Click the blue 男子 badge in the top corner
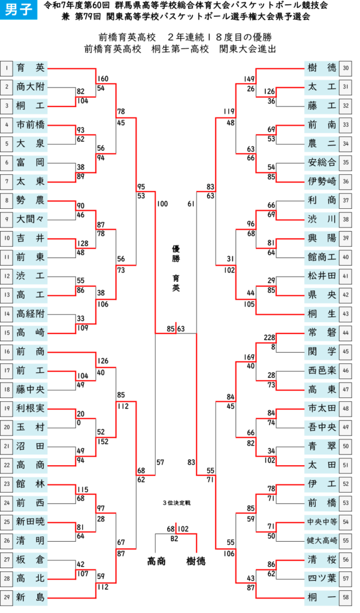coord(19,10)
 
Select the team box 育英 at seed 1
coord(31,68)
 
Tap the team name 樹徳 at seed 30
coord(322,68)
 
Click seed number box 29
coord(7,597)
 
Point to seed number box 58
coord(346,597)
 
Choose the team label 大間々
coord(31,219)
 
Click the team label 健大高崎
coord(322,541)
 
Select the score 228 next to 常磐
coord(270,338)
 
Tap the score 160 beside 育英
coord(103,79)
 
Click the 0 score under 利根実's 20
coord(79,423)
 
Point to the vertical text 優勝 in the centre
coord(176,253)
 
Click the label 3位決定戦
coord(177,503)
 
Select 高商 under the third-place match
coord(156,562)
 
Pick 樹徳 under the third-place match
coord(196,562)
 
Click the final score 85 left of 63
coord(171,329)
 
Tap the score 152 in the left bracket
coord(103,442)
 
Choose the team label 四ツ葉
coord(322,579)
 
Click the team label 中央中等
coord(322,522)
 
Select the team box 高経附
coord(31,314)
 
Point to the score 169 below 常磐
coord(249,357)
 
